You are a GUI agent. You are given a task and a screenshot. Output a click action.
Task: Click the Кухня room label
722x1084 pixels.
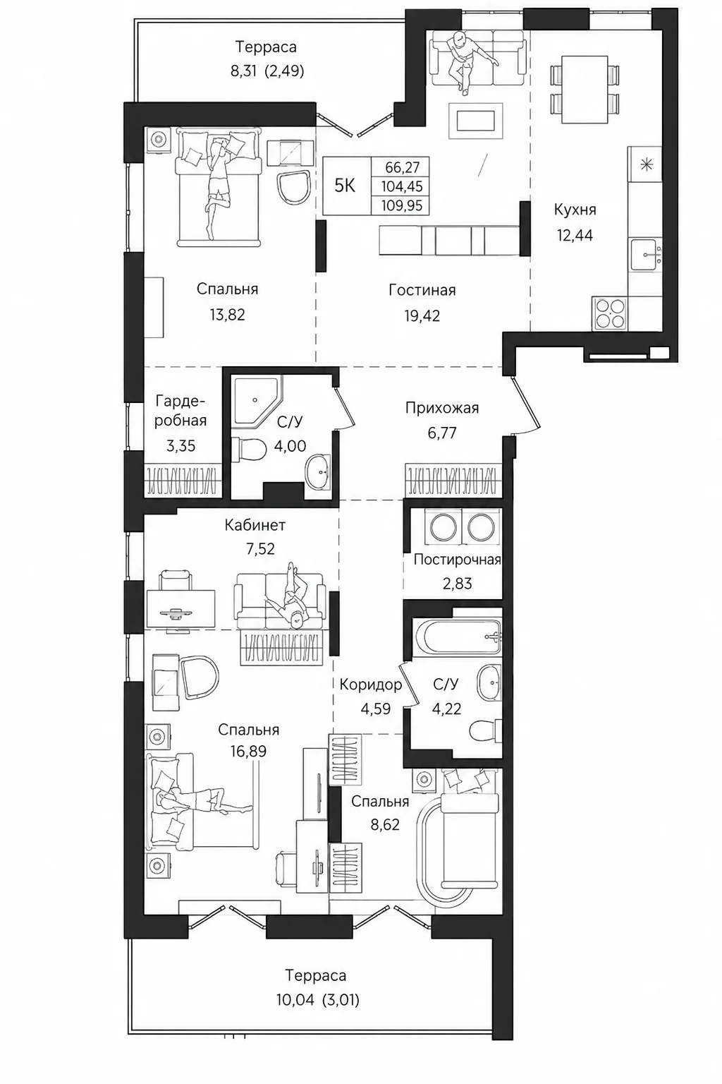[575, 210]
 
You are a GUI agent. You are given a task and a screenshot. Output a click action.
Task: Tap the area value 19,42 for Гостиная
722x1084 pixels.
[422, 316]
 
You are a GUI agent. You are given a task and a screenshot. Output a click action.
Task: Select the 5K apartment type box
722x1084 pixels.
[345, 186]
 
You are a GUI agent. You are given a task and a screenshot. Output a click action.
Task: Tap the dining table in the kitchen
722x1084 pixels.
[585, 90]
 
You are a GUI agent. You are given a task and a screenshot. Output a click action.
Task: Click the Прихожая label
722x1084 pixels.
[442, 408]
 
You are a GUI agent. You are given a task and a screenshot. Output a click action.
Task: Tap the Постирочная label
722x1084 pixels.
[457, 560]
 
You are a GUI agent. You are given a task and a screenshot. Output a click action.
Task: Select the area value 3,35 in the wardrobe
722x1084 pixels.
[181, 446]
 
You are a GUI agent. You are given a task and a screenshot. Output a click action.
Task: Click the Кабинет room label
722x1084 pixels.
[255, 524]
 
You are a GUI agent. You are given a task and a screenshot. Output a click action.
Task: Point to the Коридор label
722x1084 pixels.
[370, 685]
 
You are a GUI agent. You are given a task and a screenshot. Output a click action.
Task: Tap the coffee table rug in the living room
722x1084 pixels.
[476, 121]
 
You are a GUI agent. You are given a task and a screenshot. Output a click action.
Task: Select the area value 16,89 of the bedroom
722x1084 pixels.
[249, 751]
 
